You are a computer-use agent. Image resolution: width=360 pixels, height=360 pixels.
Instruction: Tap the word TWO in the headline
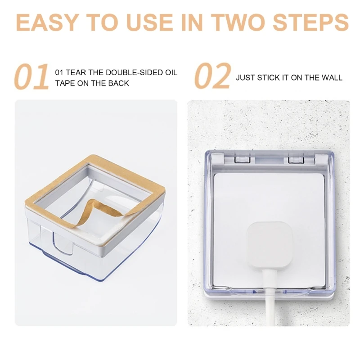(241, 22)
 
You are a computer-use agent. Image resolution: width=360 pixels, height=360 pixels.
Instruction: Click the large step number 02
(212, 76)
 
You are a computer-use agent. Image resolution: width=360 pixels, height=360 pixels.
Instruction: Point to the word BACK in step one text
(120, 83)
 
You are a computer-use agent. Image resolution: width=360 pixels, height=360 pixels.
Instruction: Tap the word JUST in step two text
(246, 78)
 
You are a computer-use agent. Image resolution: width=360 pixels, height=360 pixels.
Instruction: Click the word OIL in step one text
(171, 72)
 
